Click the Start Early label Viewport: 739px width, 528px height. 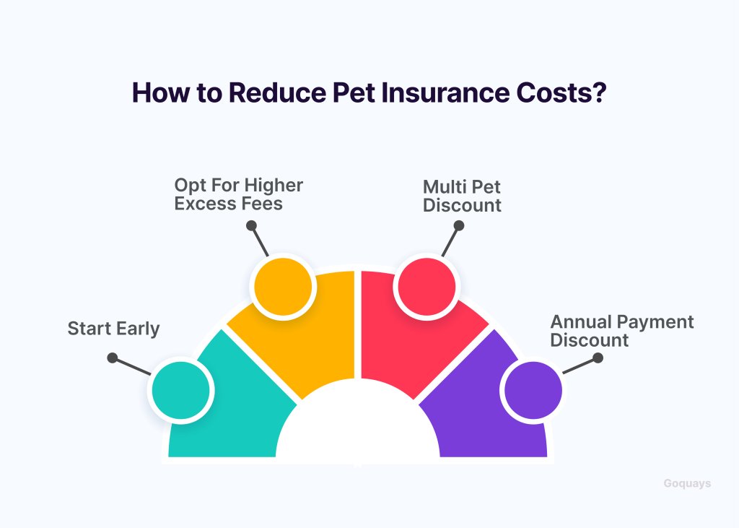(113, 329)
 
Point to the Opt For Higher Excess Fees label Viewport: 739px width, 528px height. (238, 194)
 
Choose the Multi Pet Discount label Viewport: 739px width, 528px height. (462, 196)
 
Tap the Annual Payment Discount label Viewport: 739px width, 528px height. (621, 331)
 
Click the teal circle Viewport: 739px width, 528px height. (181, 390)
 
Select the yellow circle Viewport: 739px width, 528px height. (283, 287)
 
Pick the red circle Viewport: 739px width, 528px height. (427, 287)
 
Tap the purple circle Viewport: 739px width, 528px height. (533, 390)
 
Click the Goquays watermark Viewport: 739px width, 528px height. (687, 484)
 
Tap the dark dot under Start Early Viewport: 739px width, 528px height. (112, 358)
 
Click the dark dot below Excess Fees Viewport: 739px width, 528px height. (251, 225)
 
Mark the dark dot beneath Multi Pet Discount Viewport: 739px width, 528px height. (458, 225)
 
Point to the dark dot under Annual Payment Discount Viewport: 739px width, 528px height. (598, 358)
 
